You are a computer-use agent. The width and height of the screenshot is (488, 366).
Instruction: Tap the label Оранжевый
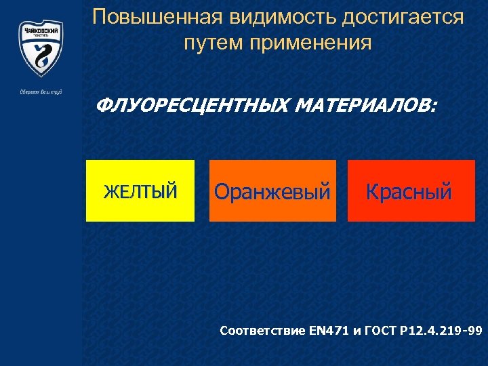coord(272,192)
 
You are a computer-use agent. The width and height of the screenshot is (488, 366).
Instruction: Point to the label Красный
coord(409,192)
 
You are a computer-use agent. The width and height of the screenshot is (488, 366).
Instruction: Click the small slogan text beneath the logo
coord(41,92)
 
